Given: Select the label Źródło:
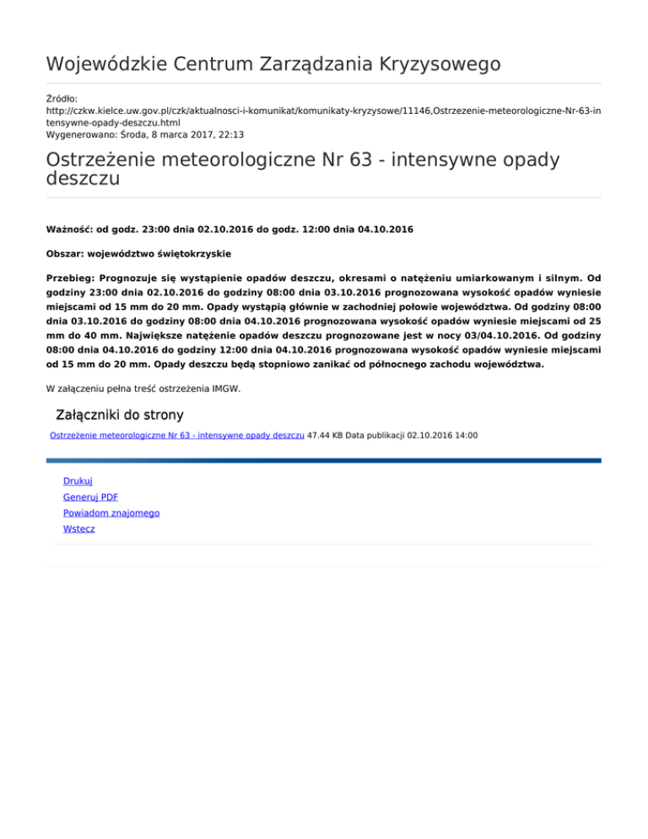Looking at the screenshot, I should pyautogui.click(x=62, y=99).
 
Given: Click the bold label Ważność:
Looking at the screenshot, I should pyautogui.click(x=69, y=230).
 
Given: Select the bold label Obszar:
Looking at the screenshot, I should pyautogui.click(x=66, y=253).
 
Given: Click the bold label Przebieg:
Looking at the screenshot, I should pyautogui.click(x=70, y=278).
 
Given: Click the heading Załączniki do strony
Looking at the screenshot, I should pyautogui.click(x=118, y=415).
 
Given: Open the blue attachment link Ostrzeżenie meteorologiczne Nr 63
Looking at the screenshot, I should pyautogui.click(x=177, y=436).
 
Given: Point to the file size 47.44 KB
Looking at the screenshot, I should pyautogui.click(x=325, y=436).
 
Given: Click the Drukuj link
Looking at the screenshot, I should pyautogui.click(x=78, y=480).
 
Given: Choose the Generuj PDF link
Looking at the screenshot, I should pyautogui.click(x=90, y=496).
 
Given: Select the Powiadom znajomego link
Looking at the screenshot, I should pyautogui.click(x=111, y=512).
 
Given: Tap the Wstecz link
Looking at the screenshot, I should pyautogui.click(x=79, y=528).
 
